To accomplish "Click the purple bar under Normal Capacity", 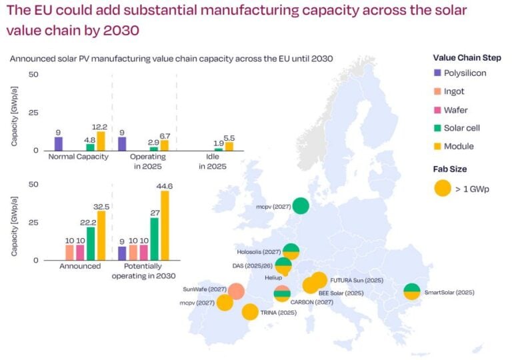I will click(59, 143).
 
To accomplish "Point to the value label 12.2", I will click(101, 126).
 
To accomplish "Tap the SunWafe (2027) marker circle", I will click(235, 291).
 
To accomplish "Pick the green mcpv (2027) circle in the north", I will click(301, 205).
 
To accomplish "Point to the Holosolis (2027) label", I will click(258, 252).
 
